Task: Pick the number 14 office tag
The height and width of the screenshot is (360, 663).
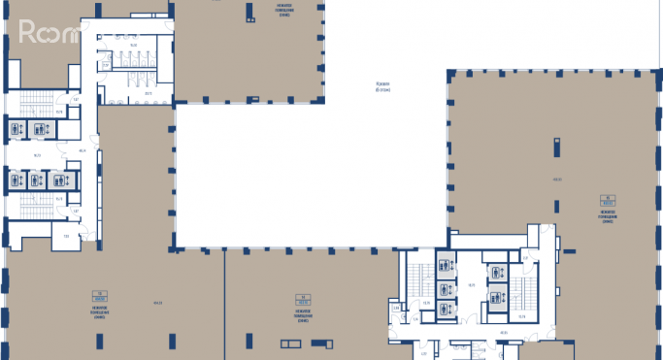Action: click(x=303, y=299)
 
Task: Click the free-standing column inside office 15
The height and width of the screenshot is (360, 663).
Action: click(x=557, y=146)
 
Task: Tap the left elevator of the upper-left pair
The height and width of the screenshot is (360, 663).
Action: click(x=17, y=128)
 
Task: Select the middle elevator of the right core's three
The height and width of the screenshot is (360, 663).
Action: click(x=446, y=286)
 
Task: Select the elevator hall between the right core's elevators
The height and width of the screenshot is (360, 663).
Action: click(x=471, y=285)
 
